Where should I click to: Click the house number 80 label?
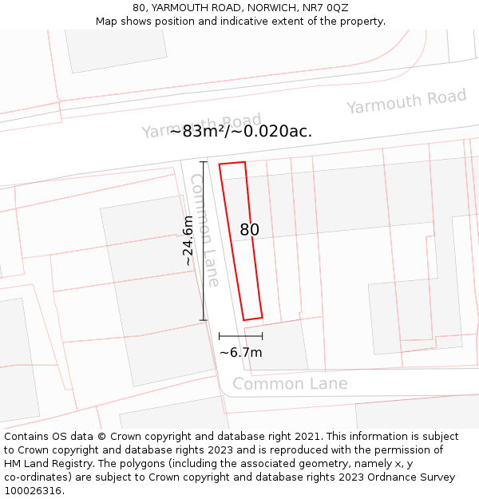(x=249, y=230)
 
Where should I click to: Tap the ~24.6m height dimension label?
(x=188, y=241)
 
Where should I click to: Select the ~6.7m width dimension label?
(x=241, y=352)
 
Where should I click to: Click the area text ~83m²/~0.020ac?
(x=240, y=132)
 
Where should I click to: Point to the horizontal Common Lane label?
(x=290, y=384)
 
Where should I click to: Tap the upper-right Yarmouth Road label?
(x=406, y=102)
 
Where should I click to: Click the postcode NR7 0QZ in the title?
(x=326, y=8)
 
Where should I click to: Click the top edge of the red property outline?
(x=232, y=164)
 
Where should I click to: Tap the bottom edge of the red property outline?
(x=253, y=319)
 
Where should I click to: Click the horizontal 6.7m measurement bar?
(x=240, y=337)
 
